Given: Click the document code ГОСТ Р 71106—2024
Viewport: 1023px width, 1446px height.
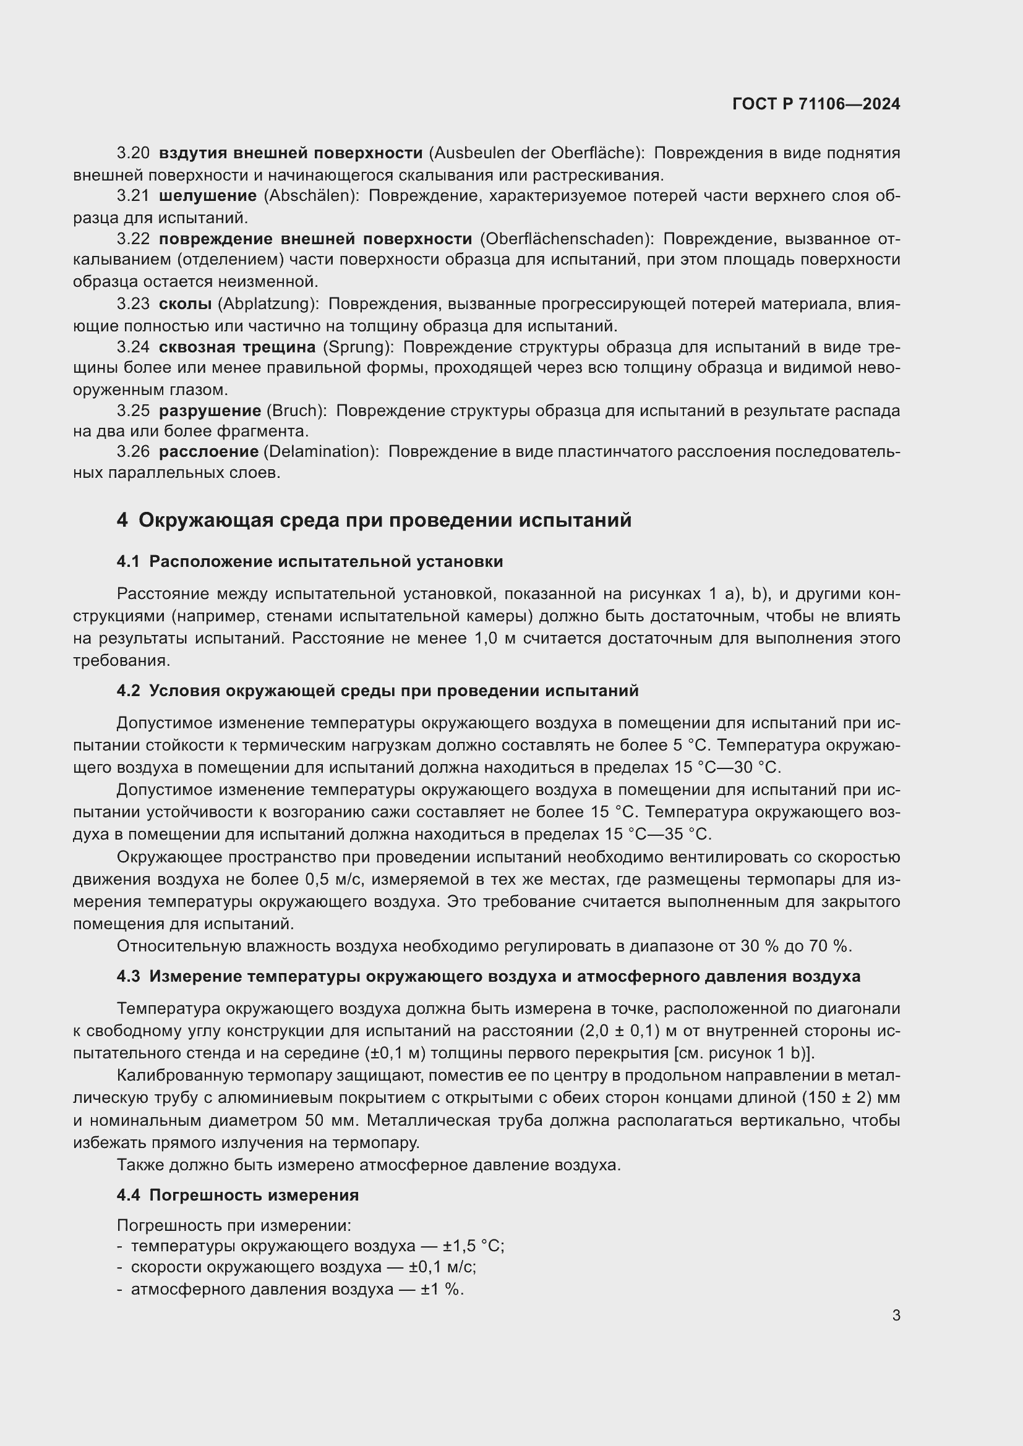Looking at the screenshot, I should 816,104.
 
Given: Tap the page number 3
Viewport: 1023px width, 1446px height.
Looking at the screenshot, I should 896,1316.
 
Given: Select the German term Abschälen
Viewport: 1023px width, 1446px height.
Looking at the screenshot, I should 308,196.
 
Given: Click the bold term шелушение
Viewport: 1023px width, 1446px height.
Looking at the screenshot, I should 207,196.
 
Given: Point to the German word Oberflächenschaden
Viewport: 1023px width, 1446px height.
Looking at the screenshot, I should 567,239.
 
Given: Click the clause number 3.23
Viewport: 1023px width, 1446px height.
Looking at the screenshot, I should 133,304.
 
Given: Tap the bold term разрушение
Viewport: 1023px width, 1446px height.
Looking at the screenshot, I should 210,410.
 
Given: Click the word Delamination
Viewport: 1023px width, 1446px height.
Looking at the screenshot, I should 320,451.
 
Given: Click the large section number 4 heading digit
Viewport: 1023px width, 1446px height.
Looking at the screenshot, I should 122,520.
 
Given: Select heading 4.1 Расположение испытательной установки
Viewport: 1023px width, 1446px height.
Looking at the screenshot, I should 309,561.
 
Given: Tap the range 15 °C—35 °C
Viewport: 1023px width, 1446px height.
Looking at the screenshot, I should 657,835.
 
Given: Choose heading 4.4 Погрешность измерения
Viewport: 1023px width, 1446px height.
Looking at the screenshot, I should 237,1196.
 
